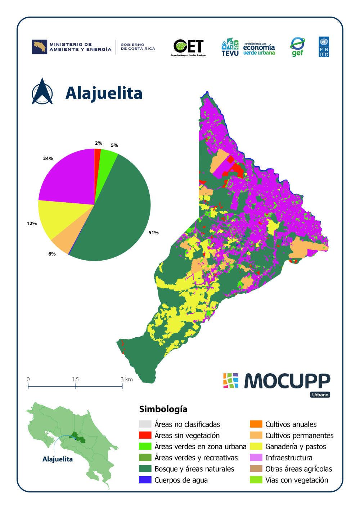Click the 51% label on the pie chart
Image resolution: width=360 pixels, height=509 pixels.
tap(153, 233)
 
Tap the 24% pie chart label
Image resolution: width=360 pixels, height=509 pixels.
tap(48, 158)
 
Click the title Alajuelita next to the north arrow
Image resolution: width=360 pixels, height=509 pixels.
tap(104, 93)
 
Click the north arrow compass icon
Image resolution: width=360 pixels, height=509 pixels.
tap(42, 92)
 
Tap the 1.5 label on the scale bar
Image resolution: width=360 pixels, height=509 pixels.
tap(75, 379)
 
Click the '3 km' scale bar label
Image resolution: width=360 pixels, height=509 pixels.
tap(127, 379)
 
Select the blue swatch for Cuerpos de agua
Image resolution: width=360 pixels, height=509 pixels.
tap(145, 480)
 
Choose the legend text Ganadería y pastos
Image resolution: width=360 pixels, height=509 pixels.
tap(296, 447)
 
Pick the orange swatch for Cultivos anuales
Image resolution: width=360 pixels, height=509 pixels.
tap(256, 424)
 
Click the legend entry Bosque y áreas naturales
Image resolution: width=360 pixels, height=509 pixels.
tap(194, 469)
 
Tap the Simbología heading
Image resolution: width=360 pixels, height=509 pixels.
tap(163, 409)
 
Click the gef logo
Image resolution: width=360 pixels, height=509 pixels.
tap(297, 47)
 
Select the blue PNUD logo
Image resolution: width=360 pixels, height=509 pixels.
tap(324, 47)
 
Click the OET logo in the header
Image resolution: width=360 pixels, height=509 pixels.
tap(188, 48)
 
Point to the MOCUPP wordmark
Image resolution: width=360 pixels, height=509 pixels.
tap(287, 381)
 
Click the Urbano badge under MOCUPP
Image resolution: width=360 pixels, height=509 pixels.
tap(320, 395)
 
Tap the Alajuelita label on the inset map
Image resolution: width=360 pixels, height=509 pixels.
tap(58, 459)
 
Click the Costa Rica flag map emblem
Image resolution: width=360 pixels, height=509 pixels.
tap(39, 47)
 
